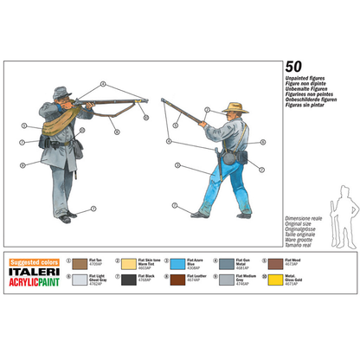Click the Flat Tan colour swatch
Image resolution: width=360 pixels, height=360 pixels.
pos(80,262)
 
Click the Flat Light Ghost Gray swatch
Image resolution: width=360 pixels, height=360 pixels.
pos(80,279)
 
